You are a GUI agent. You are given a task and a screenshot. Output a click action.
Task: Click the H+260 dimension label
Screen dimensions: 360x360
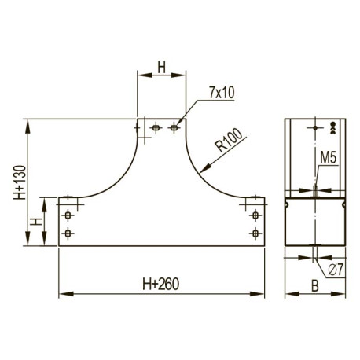click(161, 284)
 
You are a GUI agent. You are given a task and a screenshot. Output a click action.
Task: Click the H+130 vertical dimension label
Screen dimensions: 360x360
click(20, 182)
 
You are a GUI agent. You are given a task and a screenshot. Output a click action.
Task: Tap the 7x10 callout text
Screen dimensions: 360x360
click(222, 93)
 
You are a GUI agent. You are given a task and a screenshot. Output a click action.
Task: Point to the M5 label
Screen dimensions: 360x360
click(328, 158)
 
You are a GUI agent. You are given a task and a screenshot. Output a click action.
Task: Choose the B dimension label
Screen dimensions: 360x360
click(314, 286)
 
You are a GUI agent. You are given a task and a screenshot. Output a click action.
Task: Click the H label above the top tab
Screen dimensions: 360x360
click(162, 68)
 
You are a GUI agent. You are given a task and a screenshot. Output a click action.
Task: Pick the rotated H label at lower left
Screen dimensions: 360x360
click(36, 222)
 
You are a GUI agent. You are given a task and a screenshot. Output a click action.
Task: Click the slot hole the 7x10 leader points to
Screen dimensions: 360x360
click(174, 128)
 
